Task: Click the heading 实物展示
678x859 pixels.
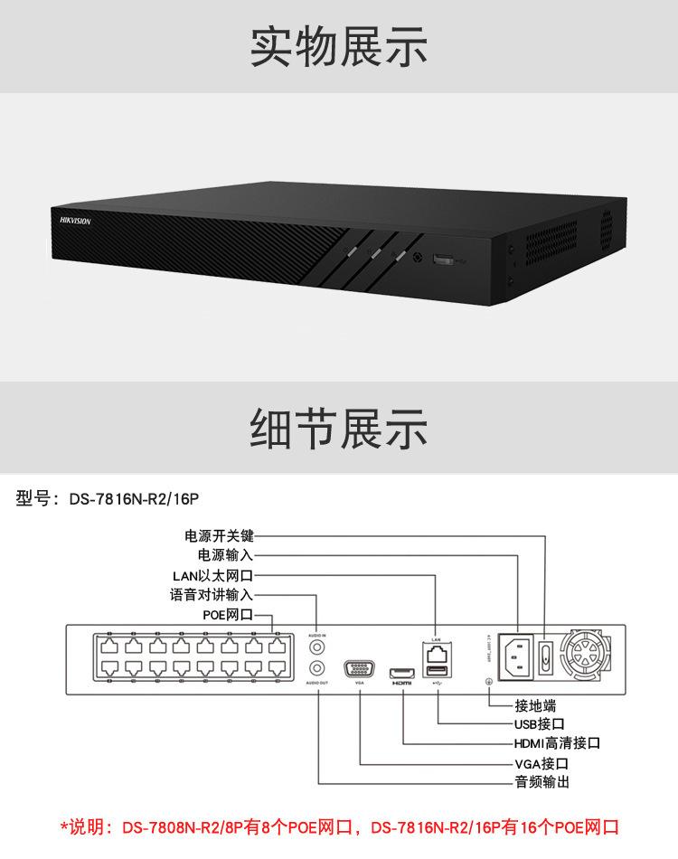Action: pyautogui.click(x=339, y=46)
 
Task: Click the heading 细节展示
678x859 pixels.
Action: pyautogui.click(x=339, y=429)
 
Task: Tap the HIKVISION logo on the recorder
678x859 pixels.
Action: pyautogui.click(x=75, y=220)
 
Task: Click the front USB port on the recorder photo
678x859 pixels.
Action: pyautogui.click(x=445, y=260)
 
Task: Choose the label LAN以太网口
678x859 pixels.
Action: pyautogui.click(x=212, y=575)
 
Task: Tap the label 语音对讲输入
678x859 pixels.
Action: pyautogui.click(x=212, y=595)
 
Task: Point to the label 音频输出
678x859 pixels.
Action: pyautogui.click(x=541, y=782)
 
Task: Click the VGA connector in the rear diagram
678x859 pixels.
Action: pyautogui.click(x=359, y=670)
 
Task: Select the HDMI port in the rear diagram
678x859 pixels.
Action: pyautogui.click(x=400, y=672)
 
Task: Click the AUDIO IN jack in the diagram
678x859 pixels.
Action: pyautogui.click(x=316, y=647)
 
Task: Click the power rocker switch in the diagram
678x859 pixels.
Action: pyautogui.click(x=546, y=656)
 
